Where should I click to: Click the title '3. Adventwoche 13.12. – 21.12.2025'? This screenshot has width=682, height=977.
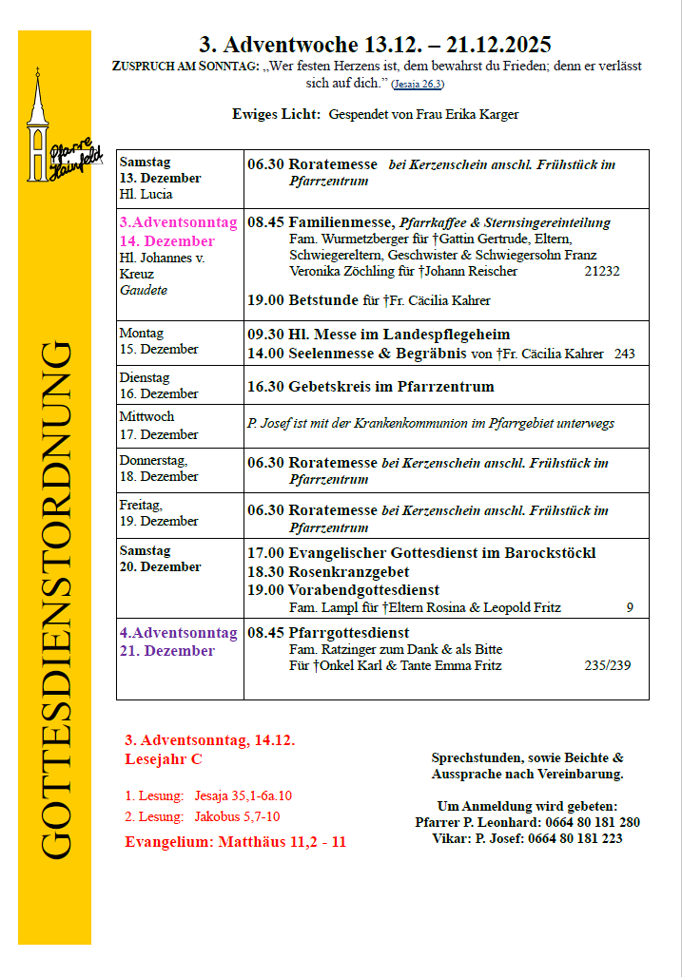(375, 45)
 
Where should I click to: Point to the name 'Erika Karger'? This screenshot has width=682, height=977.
(481, 114)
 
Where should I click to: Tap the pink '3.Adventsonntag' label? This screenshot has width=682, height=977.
(178, 222)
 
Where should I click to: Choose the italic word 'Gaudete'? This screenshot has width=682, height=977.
(143, 290)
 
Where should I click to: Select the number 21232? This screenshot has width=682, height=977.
(601, 271)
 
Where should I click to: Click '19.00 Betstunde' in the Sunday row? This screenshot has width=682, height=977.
(303, 300)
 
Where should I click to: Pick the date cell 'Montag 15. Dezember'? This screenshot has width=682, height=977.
(158, 341)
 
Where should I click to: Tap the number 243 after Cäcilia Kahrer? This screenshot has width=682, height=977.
(625, 354)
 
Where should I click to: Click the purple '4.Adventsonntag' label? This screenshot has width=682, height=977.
(178, 632)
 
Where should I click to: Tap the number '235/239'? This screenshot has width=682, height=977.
(607, 665)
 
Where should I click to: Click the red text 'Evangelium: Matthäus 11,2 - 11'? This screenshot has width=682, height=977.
(235, 841)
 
